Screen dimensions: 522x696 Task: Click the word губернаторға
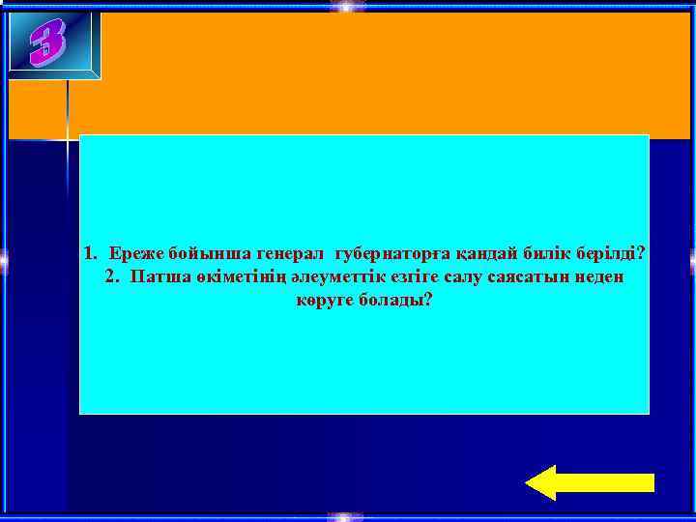(x=390, y=254)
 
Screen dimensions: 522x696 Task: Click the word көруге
(x=324, y=301)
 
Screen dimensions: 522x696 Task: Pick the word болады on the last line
(x=396, y=301)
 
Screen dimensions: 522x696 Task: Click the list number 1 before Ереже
(x=89, y=254)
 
